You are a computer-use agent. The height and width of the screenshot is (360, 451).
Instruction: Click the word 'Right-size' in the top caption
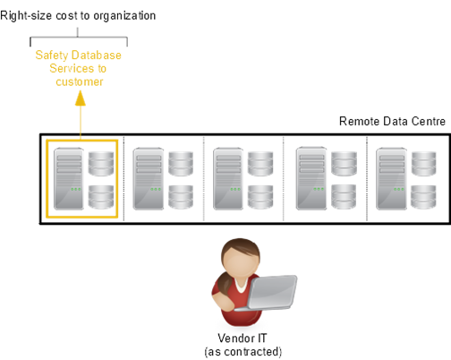pos(26,16)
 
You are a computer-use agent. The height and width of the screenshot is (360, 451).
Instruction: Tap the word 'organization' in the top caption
pos(124,16)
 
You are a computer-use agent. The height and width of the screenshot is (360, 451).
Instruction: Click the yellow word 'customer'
pos(80,81)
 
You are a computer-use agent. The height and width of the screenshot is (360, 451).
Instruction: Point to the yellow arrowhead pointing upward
pos(81,99)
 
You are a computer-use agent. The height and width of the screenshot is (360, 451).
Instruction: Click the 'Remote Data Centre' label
pos(392,122)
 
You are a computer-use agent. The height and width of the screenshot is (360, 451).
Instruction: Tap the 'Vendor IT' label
pos(243,339)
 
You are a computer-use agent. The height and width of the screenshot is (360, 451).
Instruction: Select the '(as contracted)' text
pos(243,352)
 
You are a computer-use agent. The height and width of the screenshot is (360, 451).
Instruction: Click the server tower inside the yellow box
pos(68,178)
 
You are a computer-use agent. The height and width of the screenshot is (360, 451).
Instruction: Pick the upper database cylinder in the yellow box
pos(101,164)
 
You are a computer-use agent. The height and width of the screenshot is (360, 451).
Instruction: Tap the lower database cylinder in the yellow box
pos(101,197)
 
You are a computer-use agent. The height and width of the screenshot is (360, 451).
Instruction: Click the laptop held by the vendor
pos(270,293)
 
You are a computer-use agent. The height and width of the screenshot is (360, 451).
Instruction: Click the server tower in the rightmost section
pos(391,178)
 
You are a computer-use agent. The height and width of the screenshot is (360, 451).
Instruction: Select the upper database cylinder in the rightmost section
pos(423,164)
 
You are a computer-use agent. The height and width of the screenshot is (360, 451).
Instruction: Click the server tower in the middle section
pos(228,178)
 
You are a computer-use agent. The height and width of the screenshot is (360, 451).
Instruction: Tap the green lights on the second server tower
pos(156,189)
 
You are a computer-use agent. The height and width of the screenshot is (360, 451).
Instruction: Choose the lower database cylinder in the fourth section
pos(344,197)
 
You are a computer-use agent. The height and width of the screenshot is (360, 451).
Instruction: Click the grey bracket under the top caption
pos(79,38)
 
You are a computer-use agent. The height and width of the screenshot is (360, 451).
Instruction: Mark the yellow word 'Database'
pos(97,56)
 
